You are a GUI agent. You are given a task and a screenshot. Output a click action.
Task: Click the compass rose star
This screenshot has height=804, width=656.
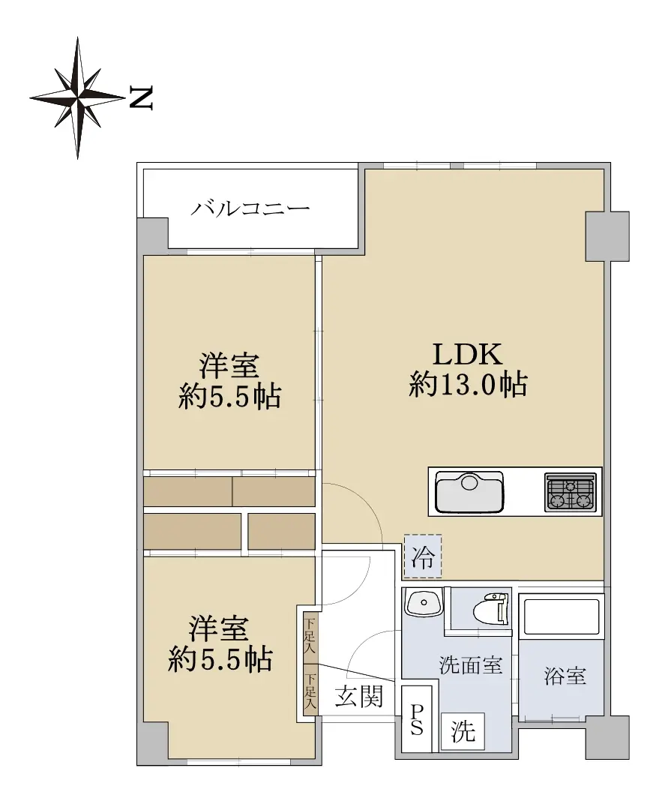point(77,97)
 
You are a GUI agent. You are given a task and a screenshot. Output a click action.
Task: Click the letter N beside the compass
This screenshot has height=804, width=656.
point(140,97)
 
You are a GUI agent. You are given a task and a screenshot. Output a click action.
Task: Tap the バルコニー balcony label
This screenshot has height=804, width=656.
point(250,208)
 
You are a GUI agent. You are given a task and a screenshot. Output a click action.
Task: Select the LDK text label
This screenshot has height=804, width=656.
point(467,354)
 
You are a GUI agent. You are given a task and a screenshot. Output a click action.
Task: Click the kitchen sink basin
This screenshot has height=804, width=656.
point(469,492)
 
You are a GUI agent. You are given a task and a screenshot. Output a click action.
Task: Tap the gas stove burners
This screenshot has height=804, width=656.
point(571,492)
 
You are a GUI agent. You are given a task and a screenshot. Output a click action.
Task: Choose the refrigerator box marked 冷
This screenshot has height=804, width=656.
point(423,557)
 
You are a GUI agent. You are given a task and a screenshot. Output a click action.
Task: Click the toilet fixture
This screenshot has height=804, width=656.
point(491,610)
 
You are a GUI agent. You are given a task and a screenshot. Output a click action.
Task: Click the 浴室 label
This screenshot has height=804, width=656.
point(565,676)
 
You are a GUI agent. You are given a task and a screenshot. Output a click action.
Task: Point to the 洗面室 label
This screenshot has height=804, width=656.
point(471,665)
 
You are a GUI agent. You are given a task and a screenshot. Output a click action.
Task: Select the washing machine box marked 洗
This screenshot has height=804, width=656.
point(463,732)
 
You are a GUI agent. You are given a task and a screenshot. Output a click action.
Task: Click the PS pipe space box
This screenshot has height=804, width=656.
point(416,719)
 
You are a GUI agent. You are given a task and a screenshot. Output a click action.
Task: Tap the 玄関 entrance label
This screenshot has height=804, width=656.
point(359,697)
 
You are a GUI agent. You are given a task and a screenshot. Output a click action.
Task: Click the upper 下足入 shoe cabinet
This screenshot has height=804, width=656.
point(310,637)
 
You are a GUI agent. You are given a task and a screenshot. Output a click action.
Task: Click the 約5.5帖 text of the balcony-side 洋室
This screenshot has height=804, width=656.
point(229,396)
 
